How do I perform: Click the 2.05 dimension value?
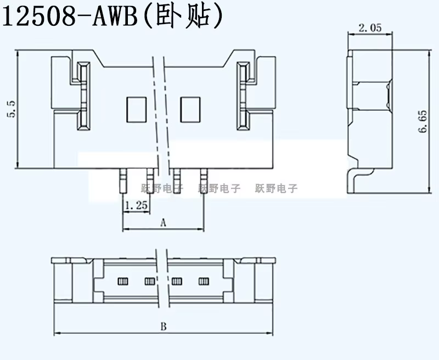point(370,28)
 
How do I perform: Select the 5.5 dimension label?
point(12,109)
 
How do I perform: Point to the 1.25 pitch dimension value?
point(136,205)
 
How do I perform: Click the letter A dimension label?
point(163,223)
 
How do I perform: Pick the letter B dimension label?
point(163,327)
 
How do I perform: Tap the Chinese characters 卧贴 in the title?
point(183,17)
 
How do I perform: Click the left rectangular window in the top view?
point(136,110)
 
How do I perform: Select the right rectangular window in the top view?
point(190,110)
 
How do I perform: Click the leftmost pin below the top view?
point(123,181)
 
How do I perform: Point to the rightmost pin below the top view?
point(204,181)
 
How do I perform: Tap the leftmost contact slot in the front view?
point(122,281)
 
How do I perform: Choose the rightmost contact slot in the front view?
point(204,281)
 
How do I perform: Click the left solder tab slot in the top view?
point(84,96)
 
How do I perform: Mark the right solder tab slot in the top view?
point(243,96)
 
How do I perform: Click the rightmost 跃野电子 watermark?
point(276,188)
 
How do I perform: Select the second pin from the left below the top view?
point(150,181)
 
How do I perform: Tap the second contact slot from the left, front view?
point(149,281)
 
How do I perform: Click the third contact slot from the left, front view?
point(177,281)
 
